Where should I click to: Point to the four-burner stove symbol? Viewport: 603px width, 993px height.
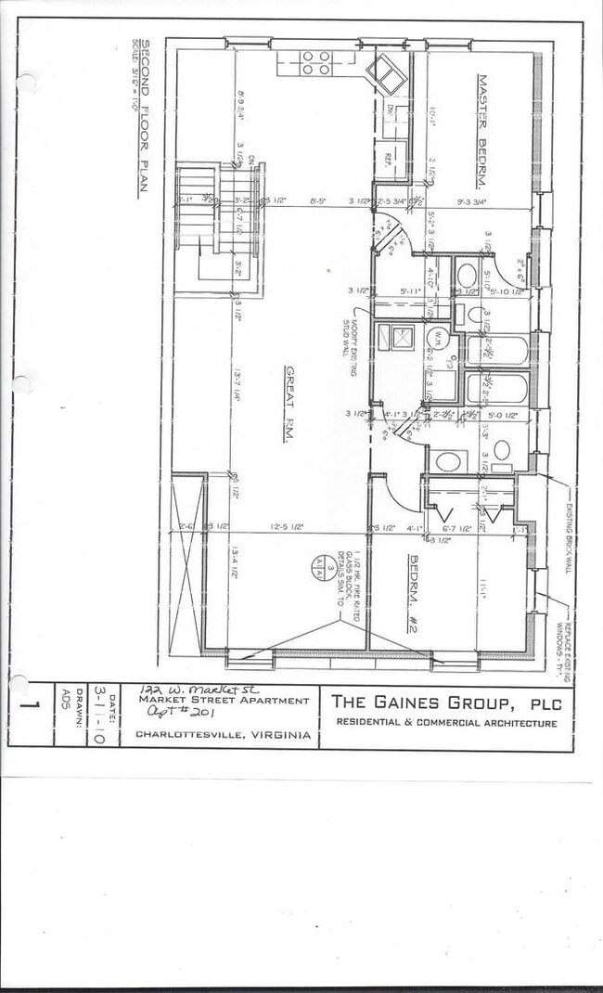click(315, 62)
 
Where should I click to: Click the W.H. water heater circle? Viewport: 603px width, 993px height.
click(436, 338)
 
